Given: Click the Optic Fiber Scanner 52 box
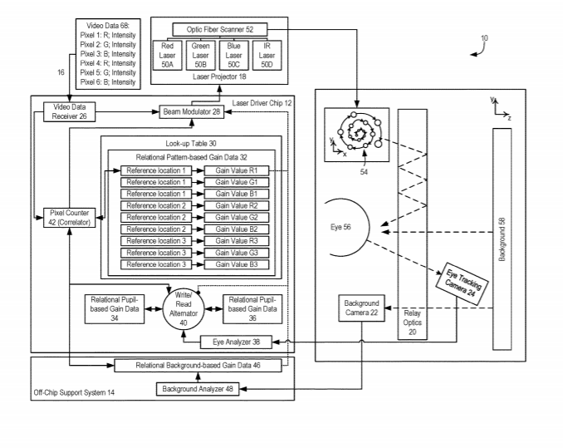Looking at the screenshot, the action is click(x=220, y=29).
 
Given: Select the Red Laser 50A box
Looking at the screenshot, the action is click(x=167, y=56).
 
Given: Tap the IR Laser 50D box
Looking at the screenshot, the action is click(x=267, y=56).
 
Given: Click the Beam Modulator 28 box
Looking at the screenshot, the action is click(x=191, y=111).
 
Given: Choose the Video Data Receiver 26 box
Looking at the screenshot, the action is click(x=69, y=111).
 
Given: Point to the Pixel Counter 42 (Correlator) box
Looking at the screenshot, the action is click(x=69, y=218).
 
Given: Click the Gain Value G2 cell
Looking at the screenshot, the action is click(x=237, y=218).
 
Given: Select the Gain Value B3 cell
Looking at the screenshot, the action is click(x=237, y=264).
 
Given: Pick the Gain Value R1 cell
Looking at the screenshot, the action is click(x=237, y=170).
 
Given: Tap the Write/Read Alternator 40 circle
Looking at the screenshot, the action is click(x=184, y=308).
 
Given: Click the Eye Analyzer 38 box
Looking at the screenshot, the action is click(x=236, y=342).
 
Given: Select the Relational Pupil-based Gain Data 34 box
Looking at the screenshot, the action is click(x=115, y=309).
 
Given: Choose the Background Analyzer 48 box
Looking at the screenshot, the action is click(x=198, y=389).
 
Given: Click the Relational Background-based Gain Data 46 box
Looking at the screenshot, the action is click(x=198, y=366).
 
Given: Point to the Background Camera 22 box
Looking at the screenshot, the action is click(x=361, y=308).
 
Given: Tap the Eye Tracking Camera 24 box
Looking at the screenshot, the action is click(x=462, y=283).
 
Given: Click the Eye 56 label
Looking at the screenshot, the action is click(x=340, y=227).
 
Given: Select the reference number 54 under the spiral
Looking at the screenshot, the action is click(x=364, y=172).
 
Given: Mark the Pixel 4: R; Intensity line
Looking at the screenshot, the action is click(x=108, y=63).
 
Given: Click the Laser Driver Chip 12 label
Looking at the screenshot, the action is click(x=262, y=103).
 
